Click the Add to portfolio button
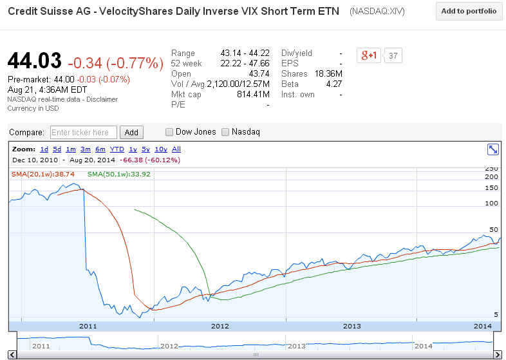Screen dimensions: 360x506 (468, 12)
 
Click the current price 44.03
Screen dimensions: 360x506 (35, 61)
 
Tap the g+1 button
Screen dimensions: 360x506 (369, 56)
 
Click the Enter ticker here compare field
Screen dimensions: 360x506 (84, 133)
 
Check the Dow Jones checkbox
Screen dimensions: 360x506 (169, 132)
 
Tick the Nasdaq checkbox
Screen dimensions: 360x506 (225, 132)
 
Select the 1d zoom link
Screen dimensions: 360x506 (44, 149)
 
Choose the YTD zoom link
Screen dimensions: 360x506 (117, 149)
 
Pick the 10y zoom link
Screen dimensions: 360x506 (161, 149)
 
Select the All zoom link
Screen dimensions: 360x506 (176, 149)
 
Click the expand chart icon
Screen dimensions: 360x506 (493, 149)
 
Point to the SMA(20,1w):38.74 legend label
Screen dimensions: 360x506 (43, 174)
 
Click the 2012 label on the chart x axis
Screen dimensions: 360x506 (220, 326)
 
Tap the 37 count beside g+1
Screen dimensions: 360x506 (393, 56)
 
